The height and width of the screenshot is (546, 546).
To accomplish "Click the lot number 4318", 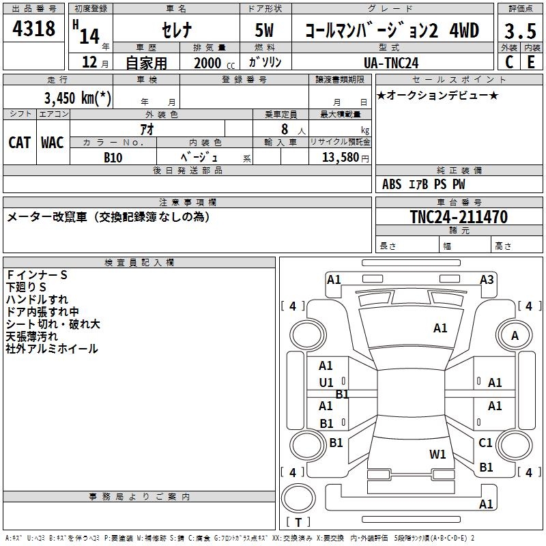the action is (34, 29).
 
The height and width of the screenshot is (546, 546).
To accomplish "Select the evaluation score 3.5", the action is (519, 31).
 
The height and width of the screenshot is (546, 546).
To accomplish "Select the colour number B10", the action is (113, 157).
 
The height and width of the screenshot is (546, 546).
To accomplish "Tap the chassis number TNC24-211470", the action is (459, 217).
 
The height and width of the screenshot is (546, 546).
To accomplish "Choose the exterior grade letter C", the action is (509, 62).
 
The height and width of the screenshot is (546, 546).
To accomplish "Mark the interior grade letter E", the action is (531, 62).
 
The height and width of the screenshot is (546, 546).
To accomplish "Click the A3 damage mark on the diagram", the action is (487, 279).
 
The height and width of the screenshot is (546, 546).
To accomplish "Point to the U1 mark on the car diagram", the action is (326, 382).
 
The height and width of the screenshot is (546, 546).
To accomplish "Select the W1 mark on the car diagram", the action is (437, 454).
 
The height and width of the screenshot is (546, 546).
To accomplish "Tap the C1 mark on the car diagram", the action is (485, 443).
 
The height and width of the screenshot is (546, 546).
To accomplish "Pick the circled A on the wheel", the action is (515, 335).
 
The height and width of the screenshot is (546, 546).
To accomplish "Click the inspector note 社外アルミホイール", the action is (52, 349).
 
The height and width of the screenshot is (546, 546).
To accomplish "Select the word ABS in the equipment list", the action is (392, 184).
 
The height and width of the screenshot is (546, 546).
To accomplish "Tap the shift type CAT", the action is (19, 142).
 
